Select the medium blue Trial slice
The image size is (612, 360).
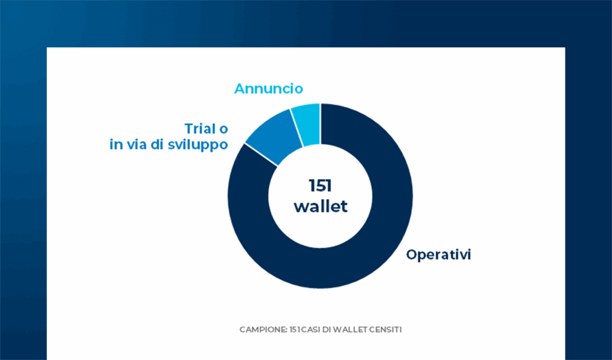click(x=275, y=136)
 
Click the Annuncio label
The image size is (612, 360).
click(x=268, y=89)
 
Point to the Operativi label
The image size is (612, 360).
click(x=439, y=254)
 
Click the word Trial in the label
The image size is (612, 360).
click(x=199, y=129)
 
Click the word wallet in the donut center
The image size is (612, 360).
click(x=320, y=206)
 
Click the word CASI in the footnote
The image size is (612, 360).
click(x=307, y=330)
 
